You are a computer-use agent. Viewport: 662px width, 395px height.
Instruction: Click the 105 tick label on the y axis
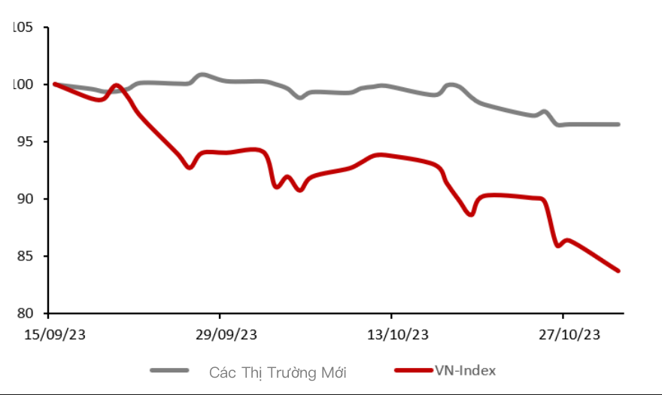coord(23,28)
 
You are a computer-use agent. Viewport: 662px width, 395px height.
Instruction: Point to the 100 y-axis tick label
coord(23,84)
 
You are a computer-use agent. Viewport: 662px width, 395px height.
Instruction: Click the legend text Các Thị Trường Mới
coord(278,372)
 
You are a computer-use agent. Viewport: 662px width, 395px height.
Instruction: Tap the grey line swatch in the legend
coord(169,370)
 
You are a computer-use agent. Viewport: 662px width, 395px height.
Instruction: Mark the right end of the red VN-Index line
coord(618,271)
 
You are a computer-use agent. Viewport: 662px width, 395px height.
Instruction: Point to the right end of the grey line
coord(618,124)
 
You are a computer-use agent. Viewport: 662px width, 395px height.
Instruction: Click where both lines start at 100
coord(55,84)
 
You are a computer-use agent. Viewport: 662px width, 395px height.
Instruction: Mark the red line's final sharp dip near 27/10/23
coord(557,245)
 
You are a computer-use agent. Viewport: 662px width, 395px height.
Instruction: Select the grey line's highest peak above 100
coord(202,74)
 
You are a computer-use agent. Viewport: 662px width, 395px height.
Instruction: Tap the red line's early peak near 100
coord(117,86)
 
